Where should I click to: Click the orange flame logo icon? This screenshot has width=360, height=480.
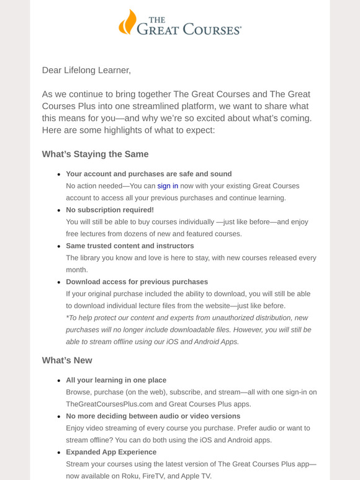click(127, 22)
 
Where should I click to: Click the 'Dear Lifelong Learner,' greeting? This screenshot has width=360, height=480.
click(86, 70)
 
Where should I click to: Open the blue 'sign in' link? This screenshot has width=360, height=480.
click(168, 186)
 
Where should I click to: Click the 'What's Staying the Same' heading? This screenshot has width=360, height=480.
click(95, 154)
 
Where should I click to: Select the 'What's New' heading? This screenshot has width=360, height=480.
click(67, 360)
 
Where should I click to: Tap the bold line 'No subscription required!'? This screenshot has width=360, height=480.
click(110, 210)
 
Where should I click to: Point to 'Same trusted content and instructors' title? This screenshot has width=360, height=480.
click(130, 246)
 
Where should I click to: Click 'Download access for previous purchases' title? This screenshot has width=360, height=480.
click(137, 282)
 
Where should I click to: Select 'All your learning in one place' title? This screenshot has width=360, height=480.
click(116, 380)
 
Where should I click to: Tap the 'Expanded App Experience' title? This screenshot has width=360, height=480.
click(111, 452)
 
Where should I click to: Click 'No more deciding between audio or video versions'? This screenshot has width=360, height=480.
click(153, 416)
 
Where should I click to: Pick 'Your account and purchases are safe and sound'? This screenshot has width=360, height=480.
click(148, 174)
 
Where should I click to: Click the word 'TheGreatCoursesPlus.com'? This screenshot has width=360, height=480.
click(109, 404)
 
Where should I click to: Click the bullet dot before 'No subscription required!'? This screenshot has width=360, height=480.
click(58, 210)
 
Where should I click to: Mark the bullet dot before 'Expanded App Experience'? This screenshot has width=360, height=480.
click(58, 453)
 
